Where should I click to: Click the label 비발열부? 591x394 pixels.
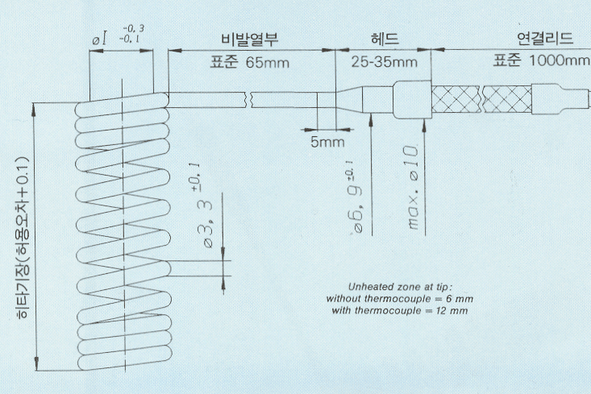tap(249, 39)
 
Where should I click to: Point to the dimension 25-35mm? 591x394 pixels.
tap(384, 61)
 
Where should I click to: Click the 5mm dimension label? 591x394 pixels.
tap(327, 142)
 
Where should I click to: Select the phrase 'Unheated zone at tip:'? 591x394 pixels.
tap(399, 287)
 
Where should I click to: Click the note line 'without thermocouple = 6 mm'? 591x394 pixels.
tap(399, 299)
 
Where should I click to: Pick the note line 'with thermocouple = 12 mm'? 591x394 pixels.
tap(399, 311)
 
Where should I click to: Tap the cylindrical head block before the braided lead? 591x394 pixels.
tap(411, 100)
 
